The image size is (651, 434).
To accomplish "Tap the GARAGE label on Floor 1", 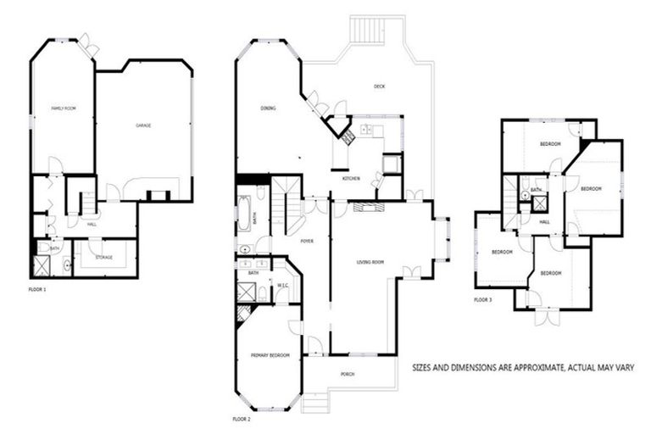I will (x=144, y=125).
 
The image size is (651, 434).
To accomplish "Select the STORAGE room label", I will (x=104, y=257).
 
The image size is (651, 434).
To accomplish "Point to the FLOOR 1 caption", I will (x=37, y=289).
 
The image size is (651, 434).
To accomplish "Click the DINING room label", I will (x=268, y=108).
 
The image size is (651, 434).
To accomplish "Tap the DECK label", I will (x=380, y=86).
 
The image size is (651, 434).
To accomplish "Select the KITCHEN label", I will (x=352, y=179).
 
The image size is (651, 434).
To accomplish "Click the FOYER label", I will (x=307, y=241).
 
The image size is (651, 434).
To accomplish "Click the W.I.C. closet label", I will (x=284, y=286).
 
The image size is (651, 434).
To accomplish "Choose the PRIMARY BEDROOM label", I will (x=270, y=354).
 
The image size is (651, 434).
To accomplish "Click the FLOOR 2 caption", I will (x=242, y=419).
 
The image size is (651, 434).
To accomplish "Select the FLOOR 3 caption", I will (x=482, y=300).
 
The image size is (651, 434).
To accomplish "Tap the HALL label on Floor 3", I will (x=544, y=222).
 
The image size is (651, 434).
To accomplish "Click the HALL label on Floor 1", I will (x=92, y=225).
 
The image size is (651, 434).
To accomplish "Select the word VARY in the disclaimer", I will (x=626, y=368).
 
